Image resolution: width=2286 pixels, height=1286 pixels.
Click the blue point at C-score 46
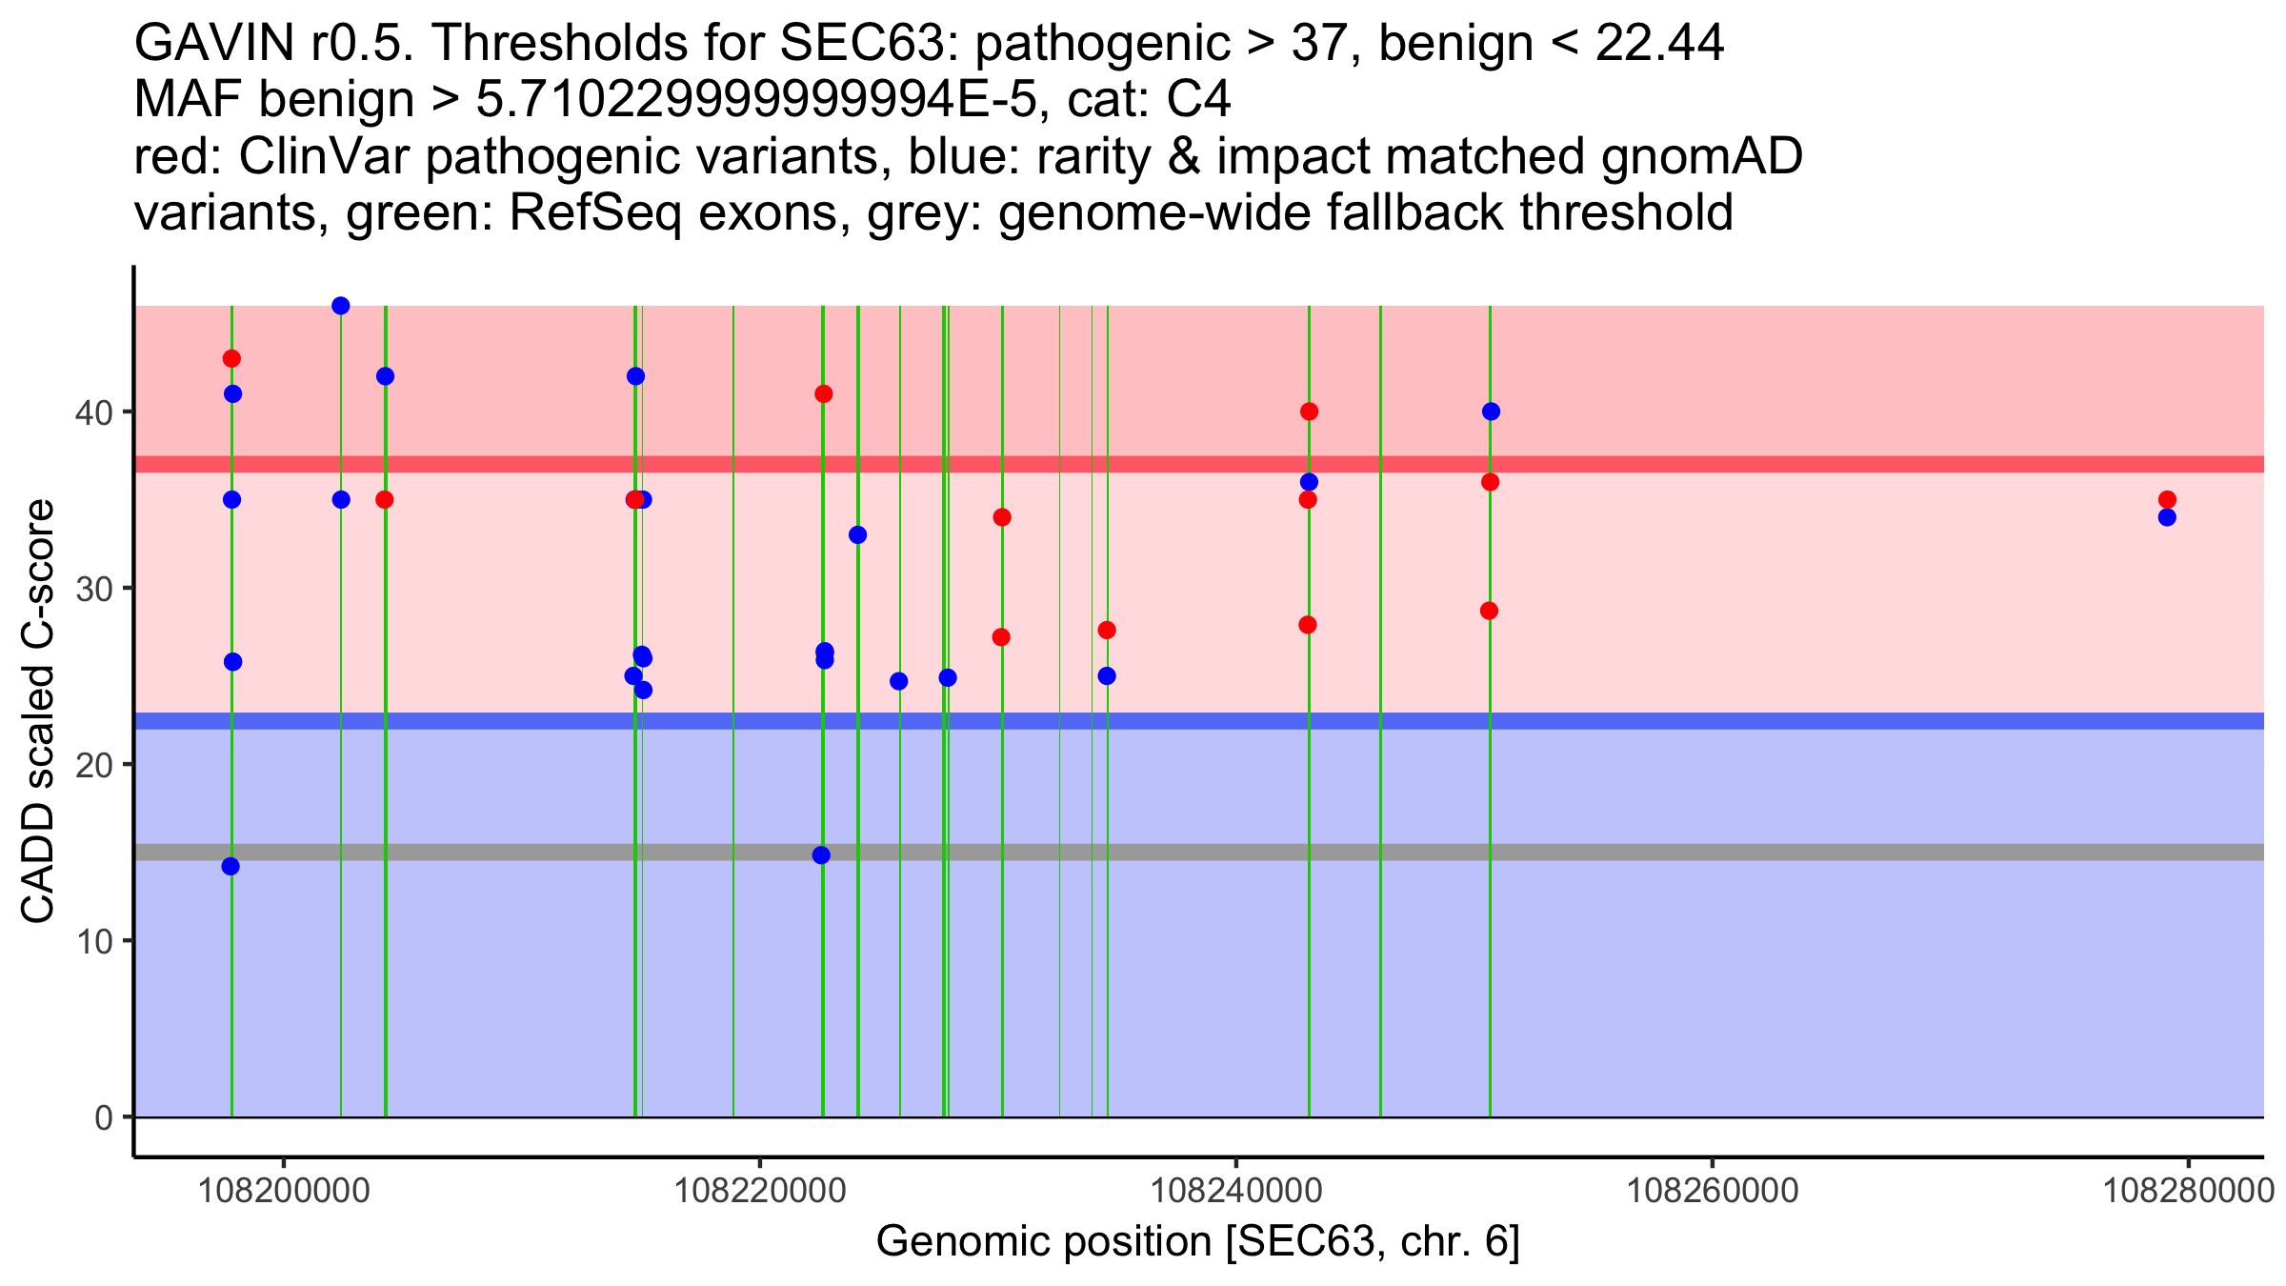[340, 306]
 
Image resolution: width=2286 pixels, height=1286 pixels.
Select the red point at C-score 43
[231, 359]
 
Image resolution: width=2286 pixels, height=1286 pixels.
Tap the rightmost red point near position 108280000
[2167, 500]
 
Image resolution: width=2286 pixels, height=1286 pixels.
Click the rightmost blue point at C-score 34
[2167, 517]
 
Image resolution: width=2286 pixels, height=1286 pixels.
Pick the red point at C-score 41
[824, 394]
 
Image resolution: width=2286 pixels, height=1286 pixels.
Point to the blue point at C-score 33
[857, 535]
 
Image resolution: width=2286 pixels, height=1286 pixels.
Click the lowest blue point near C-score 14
[231, 867]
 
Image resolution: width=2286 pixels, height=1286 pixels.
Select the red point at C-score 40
[1309, 412]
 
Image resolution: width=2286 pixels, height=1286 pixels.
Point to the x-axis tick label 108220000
[759, 1191]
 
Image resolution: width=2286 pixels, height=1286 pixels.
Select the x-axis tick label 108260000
[1712, 1191]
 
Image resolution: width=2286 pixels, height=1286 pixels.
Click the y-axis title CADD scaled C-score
[38, 712]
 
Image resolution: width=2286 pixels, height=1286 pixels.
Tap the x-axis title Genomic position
[1197, 1242]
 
